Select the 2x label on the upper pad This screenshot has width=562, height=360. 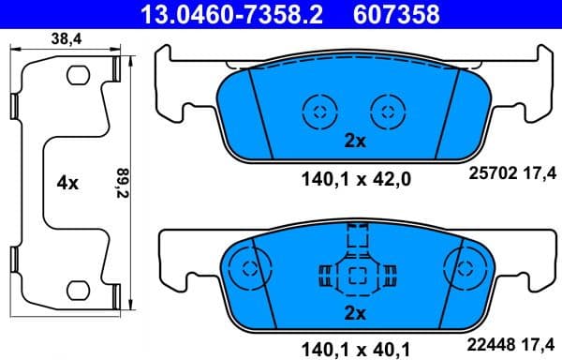tap(353, 142)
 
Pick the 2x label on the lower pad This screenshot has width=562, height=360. tap(353, 311)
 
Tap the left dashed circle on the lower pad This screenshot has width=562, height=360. tap(249, 268)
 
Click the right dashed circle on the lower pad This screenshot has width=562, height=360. tap(461, 268)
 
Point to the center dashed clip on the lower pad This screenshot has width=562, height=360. tap(355, 273)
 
